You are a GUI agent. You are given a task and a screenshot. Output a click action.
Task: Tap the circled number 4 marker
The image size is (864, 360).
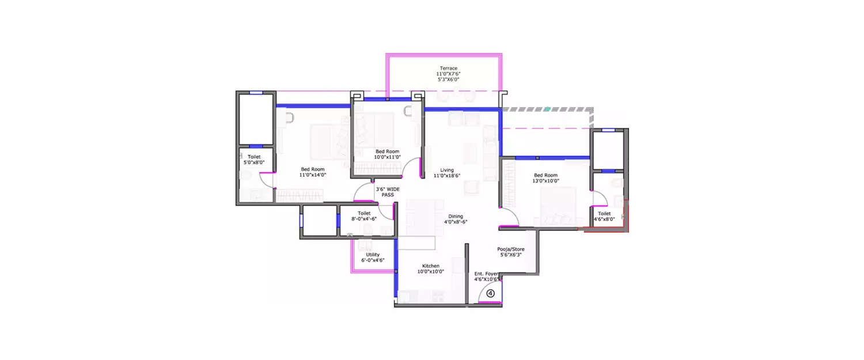[490, 293]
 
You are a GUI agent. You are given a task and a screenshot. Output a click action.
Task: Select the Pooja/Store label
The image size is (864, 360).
[511, 249]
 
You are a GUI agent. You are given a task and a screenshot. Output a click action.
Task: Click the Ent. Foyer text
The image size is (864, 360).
[486, 274]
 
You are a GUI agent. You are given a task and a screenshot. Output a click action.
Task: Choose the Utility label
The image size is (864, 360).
[373, 255]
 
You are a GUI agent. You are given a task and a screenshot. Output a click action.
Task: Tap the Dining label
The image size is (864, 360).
[456, 217]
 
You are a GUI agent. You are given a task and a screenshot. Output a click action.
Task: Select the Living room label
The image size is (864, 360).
[447, 170]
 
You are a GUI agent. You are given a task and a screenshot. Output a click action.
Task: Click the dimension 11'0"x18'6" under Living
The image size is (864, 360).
[447, 176]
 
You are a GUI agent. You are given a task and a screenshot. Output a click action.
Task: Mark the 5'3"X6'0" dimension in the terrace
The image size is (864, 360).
[449, 79]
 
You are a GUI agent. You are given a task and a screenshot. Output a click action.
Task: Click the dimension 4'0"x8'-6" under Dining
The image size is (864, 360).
[456, 222]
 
